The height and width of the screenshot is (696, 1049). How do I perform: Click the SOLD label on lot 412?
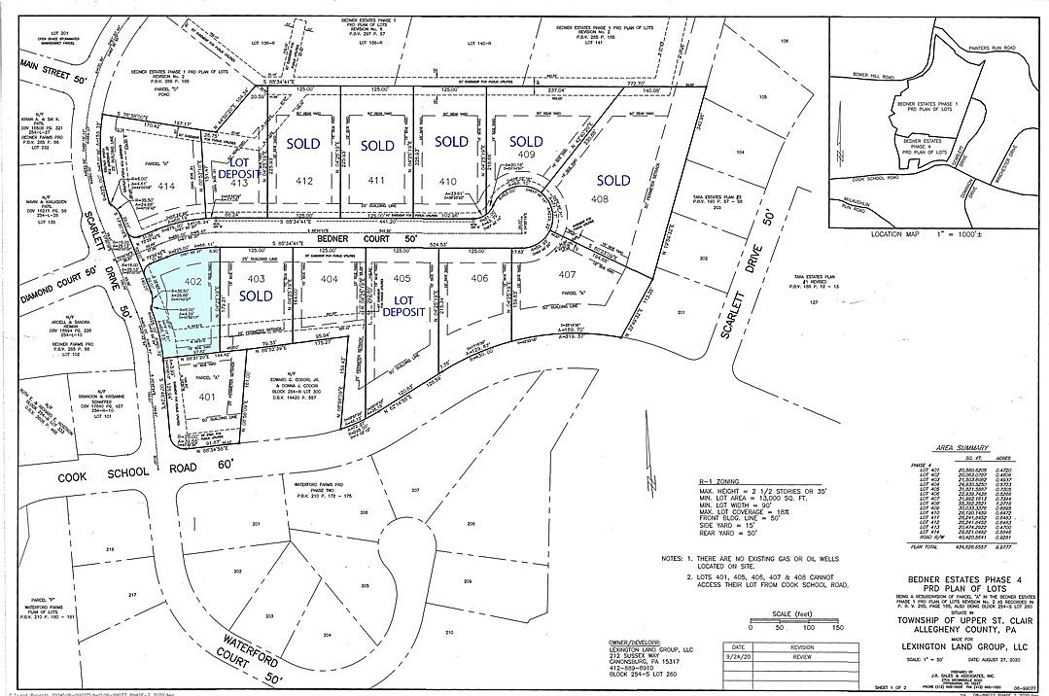click(x=304, y=143)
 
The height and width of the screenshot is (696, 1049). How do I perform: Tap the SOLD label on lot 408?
click(x=612, y=180)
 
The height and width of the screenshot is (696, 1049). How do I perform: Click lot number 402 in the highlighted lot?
click(x=192, y=281)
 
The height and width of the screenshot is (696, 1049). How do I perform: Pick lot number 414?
click(x=166, y=186)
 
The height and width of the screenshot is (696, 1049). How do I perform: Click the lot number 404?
click(x=331, y=279)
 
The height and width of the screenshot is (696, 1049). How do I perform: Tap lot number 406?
click(x=477, y=279)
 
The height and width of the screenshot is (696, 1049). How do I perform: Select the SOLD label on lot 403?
click(x=256, y=296)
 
